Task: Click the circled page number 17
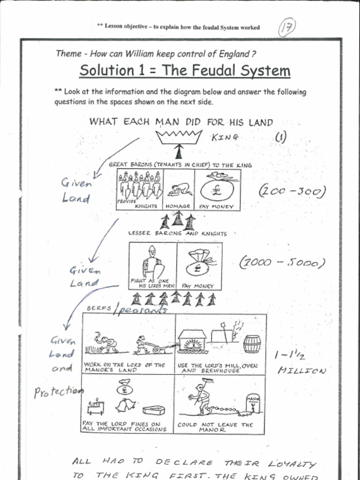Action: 287,28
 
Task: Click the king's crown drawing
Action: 179,137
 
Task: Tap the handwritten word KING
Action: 225,137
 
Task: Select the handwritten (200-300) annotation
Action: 292,191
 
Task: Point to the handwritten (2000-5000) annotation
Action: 282,263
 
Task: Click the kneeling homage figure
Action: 180,189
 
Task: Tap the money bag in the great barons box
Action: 217,188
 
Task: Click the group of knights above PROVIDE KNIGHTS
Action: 139,185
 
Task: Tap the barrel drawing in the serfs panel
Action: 252,344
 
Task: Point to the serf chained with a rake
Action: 200,398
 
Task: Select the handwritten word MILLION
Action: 301,371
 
